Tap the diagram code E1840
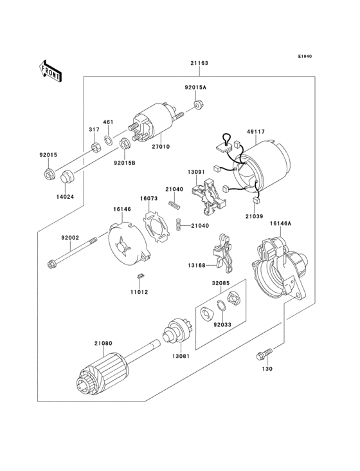pos(304,57)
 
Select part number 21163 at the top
pos(199,63)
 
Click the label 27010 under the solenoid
pos(161,147)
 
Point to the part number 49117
pos(255,132)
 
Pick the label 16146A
pos(280,223)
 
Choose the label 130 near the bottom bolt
pos(267,369)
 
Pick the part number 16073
pos(149,199)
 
